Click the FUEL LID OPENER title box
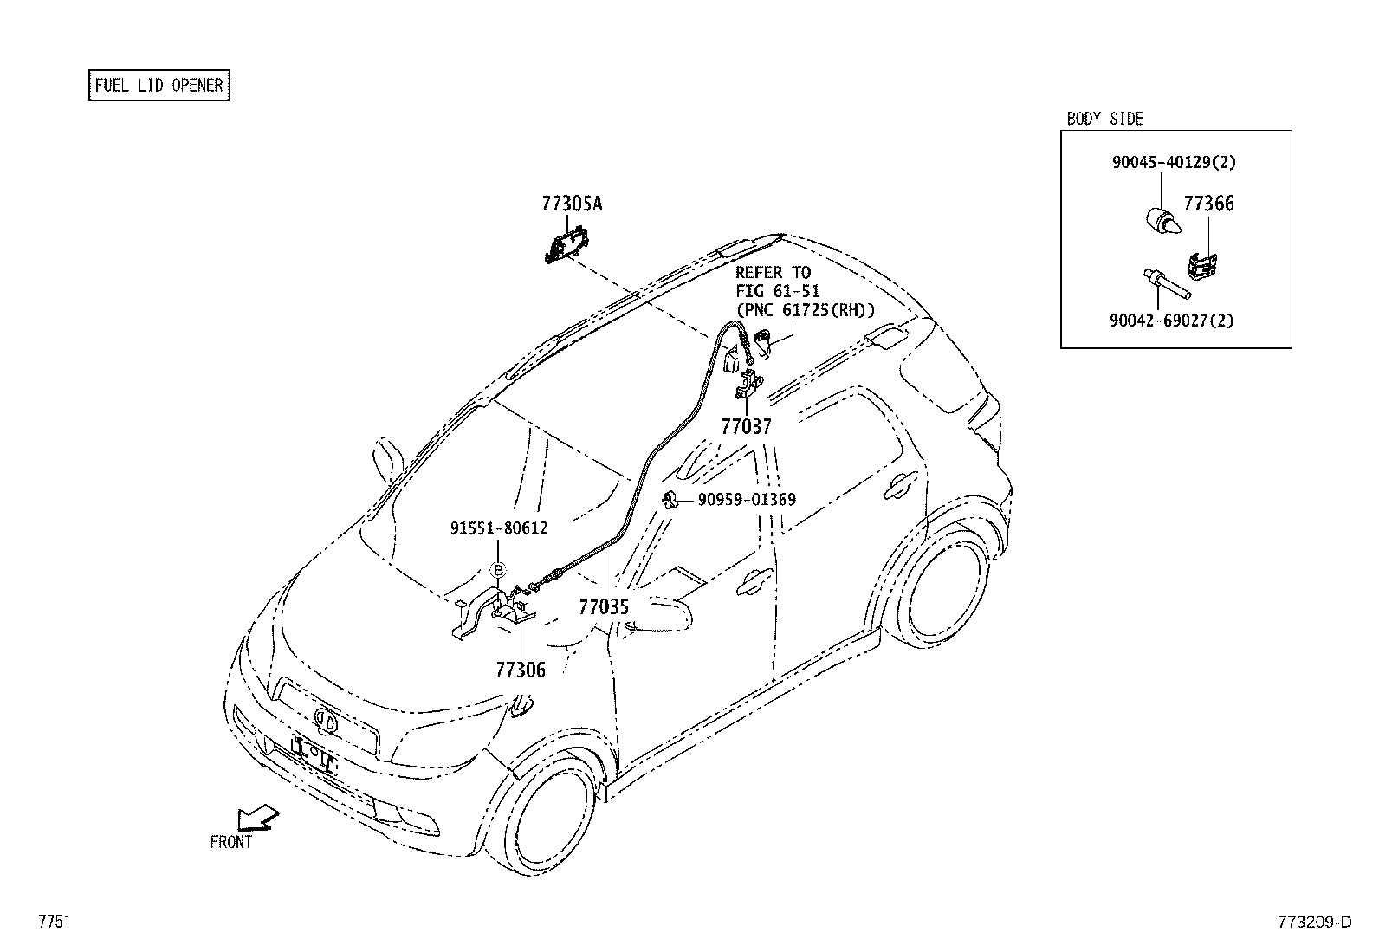(x=159, y=85)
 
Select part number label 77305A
(x=571, y=204)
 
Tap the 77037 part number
(x=746, y=426)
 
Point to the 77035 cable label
(x=604, y=607)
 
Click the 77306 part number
(x=521, y=670)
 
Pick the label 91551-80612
(x=499, y=528)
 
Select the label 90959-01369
(x=747, y=500)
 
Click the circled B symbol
(x=498, y=570)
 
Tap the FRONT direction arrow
(x=258, y=818)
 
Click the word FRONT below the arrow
(x=231, y=842)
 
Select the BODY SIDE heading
(x=1104, y=119)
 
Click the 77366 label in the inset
(x=1208, y=204)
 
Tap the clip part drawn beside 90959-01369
(x=670, y=500)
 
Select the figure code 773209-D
(x=1313, y=922)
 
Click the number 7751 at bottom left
(x=54, y=922)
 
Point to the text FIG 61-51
(x=777, y=291)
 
